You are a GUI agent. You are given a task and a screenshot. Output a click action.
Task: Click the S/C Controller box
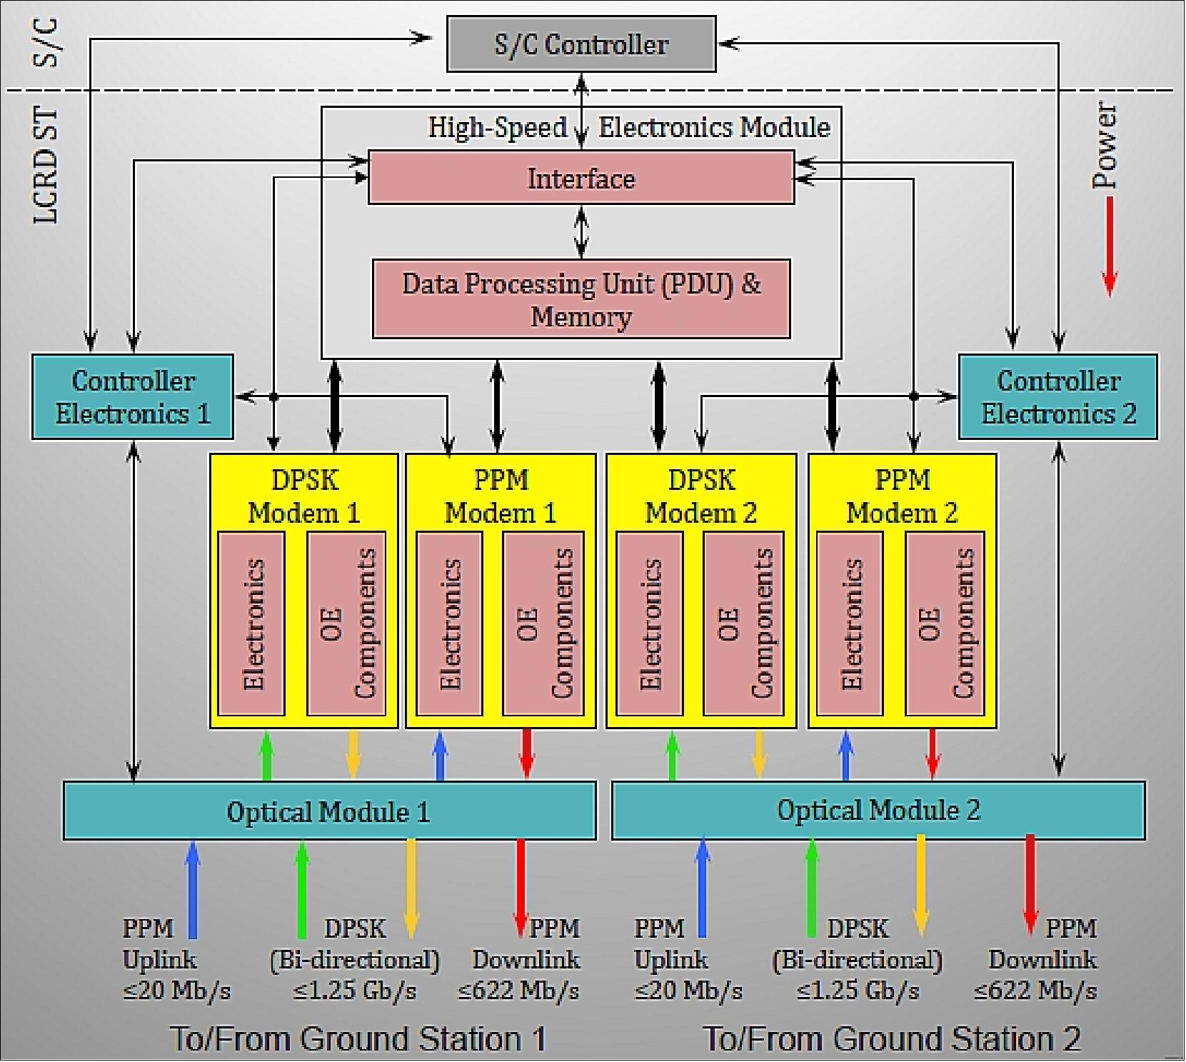[x=581, y=45]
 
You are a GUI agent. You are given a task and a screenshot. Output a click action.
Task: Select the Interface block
[x=581, y=178]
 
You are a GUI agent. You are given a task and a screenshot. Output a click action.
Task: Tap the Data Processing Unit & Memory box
[x=581, y=299]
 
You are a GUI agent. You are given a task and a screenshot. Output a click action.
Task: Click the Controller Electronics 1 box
[x=133, y=397]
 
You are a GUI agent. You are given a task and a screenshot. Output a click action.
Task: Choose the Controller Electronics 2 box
[x=1057, y=397]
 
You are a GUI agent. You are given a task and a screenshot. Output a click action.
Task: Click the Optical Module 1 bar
[x=329, y=811]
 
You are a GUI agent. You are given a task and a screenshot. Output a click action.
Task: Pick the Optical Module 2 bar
[x=878, y=810]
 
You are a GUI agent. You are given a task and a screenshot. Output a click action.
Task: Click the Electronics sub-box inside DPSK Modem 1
[x=252, y=623]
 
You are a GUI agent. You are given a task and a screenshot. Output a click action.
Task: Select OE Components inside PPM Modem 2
[x=945, y=623]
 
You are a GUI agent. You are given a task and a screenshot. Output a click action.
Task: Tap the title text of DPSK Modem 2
[x=700, y=496]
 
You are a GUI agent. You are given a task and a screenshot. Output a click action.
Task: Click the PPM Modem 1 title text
[x=501, y=496]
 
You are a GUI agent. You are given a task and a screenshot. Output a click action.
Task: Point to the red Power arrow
[x=1109, y=246]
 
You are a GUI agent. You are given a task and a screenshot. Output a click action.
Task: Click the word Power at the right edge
[x=1105, y=146]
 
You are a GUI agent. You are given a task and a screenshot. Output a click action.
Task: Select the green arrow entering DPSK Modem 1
[x=266, y=756]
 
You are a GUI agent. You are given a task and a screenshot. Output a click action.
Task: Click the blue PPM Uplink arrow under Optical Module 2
[x=703, y=888]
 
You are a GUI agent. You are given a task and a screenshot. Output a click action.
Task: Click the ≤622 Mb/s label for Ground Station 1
[x=518, y=991]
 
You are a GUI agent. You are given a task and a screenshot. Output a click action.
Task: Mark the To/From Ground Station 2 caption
[x=892, y=1038]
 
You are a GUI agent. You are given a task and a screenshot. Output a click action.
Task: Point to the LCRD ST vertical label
[x=46, y=166]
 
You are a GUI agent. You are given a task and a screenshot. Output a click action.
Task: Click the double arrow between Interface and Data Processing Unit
[x=581, y=232]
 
